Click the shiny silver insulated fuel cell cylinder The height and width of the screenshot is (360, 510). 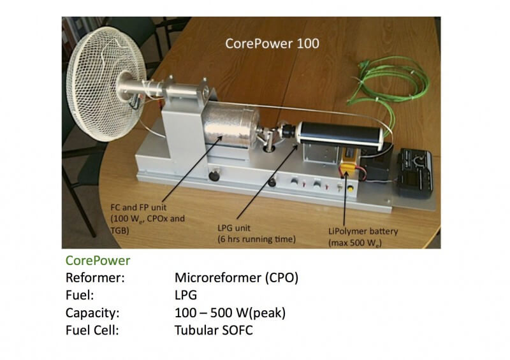[x=235, y=130]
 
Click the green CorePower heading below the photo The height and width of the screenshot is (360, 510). [x=98, y=261]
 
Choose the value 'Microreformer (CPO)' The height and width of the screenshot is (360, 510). [x=237, y=279]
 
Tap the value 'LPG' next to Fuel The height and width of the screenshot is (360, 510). [x=186, y=296]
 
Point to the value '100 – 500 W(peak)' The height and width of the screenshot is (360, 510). [x=230, y=313]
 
